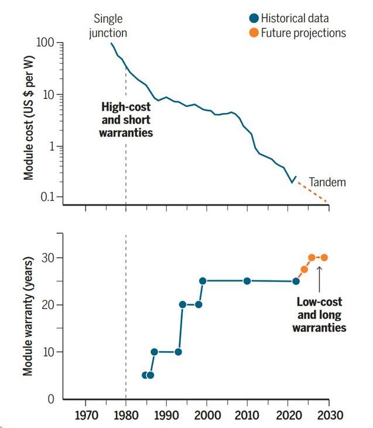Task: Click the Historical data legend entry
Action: coord(289,18)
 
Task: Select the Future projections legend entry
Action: coord(297,33)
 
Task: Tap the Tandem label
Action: coord(327,182)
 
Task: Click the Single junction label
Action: coord(108,26)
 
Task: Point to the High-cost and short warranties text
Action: coord(126,119)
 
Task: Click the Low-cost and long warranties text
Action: coord(319,315)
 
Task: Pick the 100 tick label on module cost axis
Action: coord(45,42)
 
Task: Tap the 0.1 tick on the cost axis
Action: coord(47,197)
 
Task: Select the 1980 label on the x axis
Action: coord(126,415)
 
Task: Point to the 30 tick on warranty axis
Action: coord(48,258)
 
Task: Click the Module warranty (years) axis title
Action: coord(28,316)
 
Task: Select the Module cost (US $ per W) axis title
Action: coord(28,118)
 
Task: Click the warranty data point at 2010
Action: coord(247,281)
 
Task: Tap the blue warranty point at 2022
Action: coord(296,281)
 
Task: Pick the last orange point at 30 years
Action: coord(324,258)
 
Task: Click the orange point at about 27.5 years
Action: coord(304,269)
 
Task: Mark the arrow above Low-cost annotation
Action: coord(320,279)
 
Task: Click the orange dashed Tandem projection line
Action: coord(312,192)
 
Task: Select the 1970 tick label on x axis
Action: coord(86,415)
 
